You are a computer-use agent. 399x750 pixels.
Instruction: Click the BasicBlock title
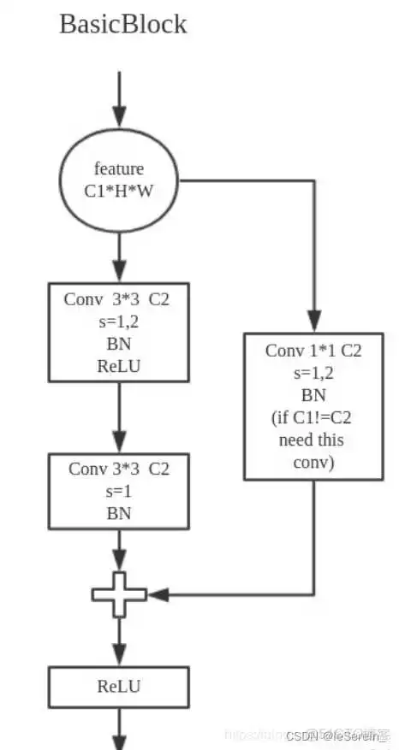click(x=122, y=24)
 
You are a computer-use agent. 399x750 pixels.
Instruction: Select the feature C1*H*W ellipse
click(x=118, y=181)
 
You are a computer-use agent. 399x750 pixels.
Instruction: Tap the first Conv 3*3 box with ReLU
click(x=118, y=332)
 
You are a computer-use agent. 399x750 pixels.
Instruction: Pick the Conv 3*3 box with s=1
click(x=118, y=491)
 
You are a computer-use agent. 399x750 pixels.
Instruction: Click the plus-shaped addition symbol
click(x=118, y=593)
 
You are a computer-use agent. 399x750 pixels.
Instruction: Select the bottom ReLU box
click(x=118, y=685)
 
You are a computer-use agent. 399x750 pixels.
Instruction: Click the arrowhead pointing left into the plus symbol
click(x=155, y=594)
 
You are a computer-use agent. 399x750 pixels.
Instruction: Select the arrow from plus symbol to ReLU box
click(x=118, y=641)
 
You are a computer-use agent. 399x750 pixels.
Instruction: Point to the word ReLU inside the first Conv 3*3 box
click(x=118, y=365)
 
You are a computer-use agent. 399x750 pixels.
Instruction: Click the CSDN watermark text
click(x=337, y=735)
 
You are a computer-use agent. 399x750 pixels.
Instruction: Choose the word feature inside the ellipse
click(x=118, y=168)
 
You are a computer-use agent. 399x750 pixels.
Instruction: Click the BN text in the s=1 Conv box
click(x=118, y=513)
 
